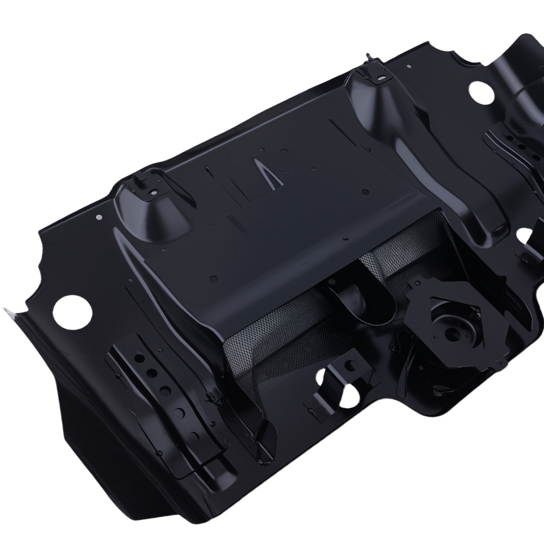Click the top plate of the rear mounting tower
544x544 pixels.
coord(375,77)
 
